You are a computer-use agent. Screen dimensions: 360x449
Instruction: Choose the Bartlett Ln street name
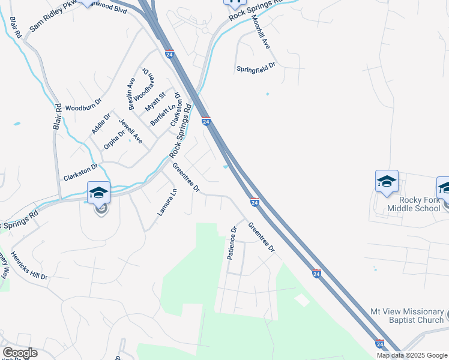pyautogui.click(x=161, y=114)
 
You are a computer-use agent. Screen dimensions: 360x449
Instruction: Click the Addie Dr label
pyautogui.click(x=101, y=123)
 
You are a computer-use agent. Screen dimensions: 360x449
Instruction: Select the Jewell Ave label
pyautogui.click(x=130, y=131)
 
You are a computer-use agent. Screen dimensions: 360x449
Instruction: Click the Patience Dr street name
pyautogui.click(x=232, y=241)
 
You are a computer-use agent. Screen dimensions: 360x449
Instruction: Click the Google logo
pyautogui.click(x=20, y=353)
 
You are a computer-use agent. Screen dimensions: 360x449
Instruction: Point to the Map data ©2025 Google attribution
pyautogui.click(x=412, y=355)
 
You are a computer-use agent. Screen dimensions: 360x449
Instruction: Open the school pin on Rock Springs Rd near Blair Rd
pyautogui.click(x=99, y=193)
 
